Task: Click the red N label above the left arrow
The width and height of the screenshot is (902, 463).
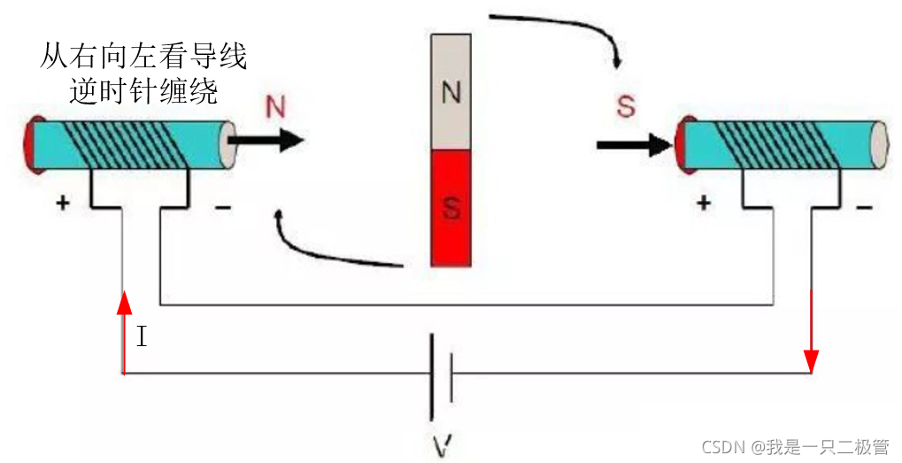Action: coord(276,107)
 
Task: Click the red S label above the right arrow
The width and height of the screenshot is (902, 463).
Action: coord(626,107)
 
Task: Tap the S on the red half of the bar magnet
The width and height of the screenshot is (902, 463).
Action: coord(451,210)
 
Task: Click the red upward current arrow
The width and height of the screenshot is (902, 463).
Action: coord(124,328)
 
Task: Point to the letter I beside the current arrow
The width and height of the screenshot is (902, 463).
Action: coord(143,337)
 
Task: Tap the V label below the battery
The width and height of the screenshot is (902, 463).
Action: coord(440,442)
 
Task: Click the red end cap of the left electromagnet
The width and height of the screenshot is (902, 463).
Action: coord(31,145)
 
